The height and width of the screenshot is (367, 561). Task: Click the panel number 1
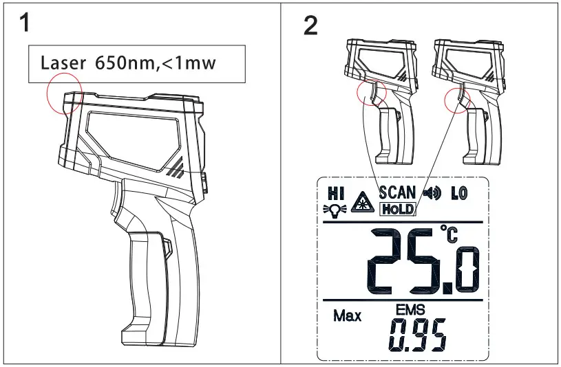(x=24, y=22)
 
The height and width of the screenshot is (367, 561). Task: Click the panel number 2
(x=310, y=25)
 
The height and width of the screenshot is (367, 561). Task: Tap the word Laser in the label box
(x=63, y=63)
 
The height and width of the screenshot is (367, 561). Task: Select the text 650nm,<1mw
(x=156, y=63)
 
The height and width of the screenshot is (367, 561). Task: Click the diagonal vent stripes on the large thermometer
(x=175, y=167)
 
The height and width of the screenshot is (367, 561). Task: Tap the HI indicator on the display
(x=336, y=193)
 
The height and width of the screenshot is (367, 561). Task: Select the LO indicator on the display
(x=459, y=193)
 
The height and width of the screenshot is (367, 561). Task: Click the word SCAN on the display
(x=397, y=192)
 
